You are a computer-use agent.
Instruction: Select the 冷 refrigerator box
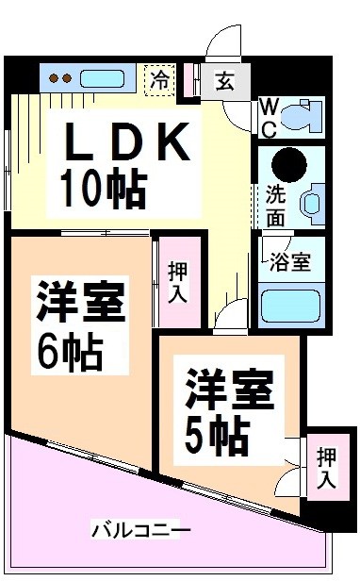coord(159,78)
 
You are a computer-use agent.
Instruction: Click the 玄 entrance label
coord(224,81)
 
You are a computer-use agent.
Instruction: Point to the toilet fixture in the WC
coord(301,118)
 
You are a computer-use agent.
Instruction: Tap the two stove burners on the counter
coord(60,78)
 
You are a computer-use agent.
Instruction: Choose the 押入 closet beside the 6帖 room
coord(176,280)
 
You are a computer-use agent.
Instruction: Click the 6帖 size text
coord(70,354)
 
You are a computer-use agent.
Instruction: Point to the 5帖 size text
coord(216,433)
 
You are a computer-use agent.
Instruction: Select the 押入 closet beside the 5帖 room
coord(326,468)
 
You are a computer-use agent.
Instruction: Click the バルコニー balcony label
coord(141,529)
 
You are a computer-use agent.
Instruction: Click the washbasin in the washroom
coord(309,202)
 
